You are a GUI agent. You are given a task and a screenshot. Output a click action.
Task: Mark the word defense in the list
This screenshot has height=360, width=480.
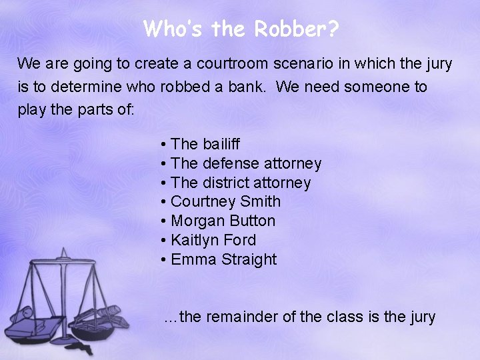[x=227, y=163]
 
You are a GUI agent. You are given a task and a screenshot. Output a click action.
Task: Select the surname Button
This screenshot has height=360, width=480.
[x=252, y=221]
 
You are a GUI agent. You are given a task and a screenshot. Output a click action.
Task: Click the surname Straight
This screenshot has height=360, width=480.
[x=251, y=260]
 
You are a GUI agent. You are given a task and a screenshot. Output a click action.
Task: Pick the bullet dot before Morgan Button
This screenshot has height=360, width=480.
[x=163, y=221]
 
